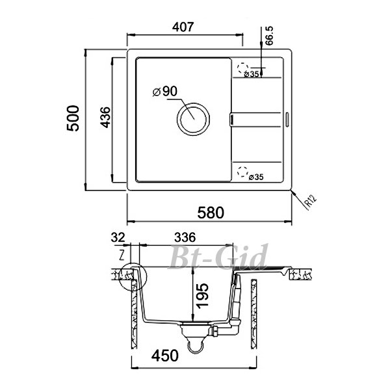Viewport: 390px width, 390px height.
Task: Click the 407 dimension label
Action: (x=183, y=27)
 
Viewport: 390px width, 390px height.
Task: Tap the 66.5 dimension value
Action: (x=269, y=36)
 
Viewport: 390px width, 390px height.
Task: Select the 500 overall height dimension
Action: (x=73, y=118)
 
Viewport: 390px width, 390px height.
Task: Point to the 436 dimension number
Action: (x=105, y=118)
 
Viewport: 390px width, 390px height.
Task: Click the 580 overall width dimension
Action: (x=211, y=213)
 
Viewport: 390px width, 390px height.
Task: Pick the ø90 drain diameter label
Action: (x=165, y=92)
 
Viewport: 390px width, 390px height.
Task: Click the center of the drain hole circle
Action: (x=193, y=119)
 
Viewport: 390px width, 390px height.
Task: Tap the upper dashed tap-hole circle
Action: (x=242, y=68)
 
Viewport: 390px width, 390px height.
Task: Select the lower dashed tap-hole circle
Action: (x=242, y=172)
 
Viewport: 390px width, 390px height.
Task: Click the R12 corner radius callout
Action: (x=311, y=201)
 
